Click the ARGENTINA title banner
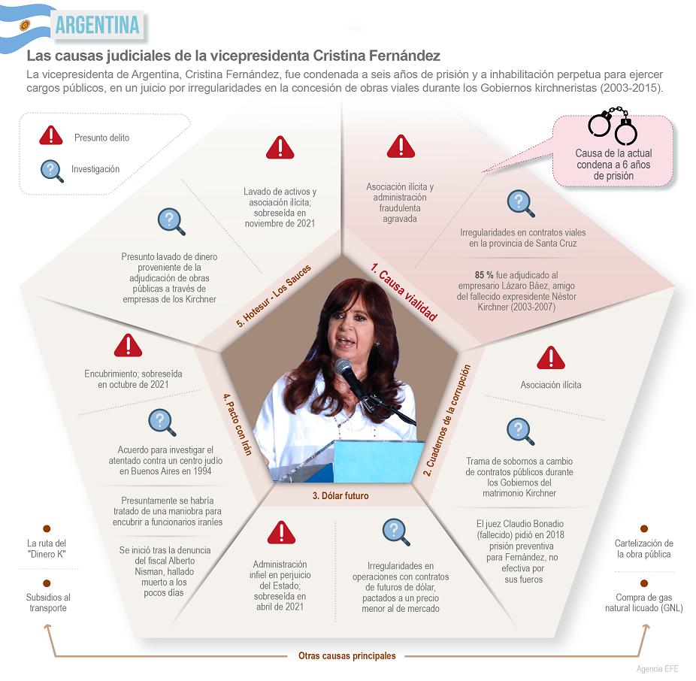(x=97, y=25)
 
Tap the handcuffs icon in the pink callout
(x=613, y=126)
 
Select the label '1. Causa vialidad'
(x=404, y=292)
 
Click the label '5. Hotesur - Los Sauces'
(x=274, y=296)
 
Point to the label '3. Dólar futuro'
(x=340, y=496)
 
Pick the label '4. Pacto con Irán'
(x=238, y=424)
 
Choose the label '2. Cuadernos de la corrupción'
(x=446, y=420)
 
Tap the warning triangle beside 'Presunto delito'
(x=51, y=135)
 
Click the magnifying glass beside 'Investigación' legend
(x=52, y=171)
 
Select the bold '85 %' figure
(x=484, y=275)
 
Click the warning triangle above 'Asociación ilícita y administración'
(x=401, y=146)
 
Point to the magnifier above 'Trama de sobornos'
(x=520, y=431)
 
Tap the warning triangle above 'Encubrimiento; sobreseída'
(x=128, y=345)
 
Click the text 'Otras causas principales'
(x=347, y=655)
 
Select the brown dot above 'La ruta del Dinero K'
(x=47, y=528)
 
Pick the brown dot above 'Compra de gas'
(x=644, y=583)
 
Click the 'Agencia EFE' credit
(x=658, y=669)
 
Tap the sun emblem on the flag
(x=25, y=26)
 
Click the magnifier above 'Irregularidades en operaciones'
(x=396, y=532)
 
